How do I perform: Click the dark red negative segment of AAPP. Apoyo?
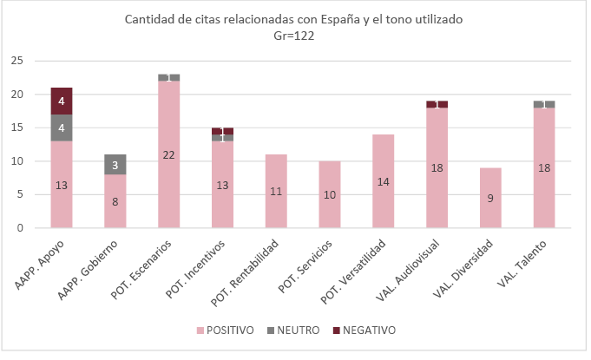pyautogui.click(x=61, y=101)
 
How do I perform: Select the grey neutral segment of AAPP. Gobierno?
pyautogui.click(x=115, y=165)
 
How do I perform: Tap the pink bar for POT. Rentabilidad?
pyautogui.click(x=276, y=191)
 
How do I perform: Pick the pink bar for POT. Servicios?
pyautogui.click(x=330, y=194)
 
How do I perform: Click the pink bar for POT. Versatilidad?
pyautogui.click(x=384, y=181)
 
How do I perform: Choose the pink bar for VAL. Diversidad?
pyautogui.click(x=490, y=198)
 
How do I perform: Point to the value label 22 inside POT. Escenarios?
pyautogui.click(x=168, y=154)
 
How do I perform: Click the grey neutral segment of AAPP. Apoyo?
pyautogui.click(x=61, y=128)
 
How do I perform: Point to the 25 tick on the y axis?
pyautogui.click(x=16, y=61)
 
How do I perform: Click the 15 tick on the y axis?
pyautogui.click(x=16, y=128)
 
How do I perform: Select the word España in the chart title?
pyautogui.click(x=321, y=19)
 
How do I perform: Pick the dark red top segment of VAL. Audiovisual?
pyautogui.click(x=437, y=104)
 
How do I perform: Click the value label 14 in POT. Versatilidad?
pyautogui.click(x=384, y=181)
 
